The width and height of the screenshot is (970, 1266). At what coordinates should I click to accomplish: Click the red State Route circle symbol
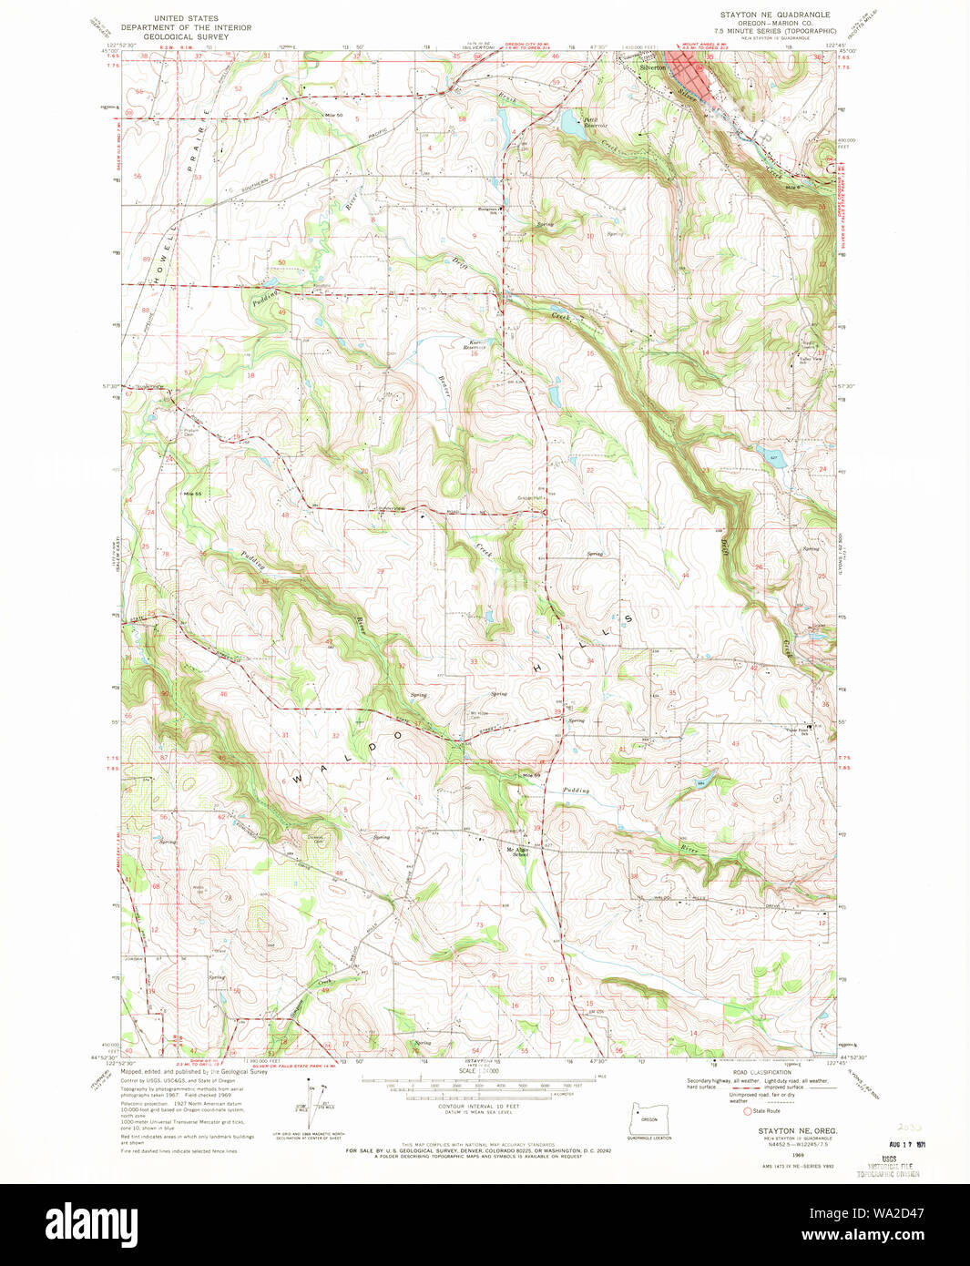748,1111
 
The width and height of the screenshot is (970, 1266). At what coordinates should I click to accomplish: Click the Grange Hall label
531,498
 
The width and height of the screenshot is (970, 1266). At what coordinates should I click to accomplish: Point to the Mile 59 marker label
530,775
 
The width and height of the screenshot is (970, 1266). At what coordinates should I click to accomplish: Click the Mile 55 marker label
191,494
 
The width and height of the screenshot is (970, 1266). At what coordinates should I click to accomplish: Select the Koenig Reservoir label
475,345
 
